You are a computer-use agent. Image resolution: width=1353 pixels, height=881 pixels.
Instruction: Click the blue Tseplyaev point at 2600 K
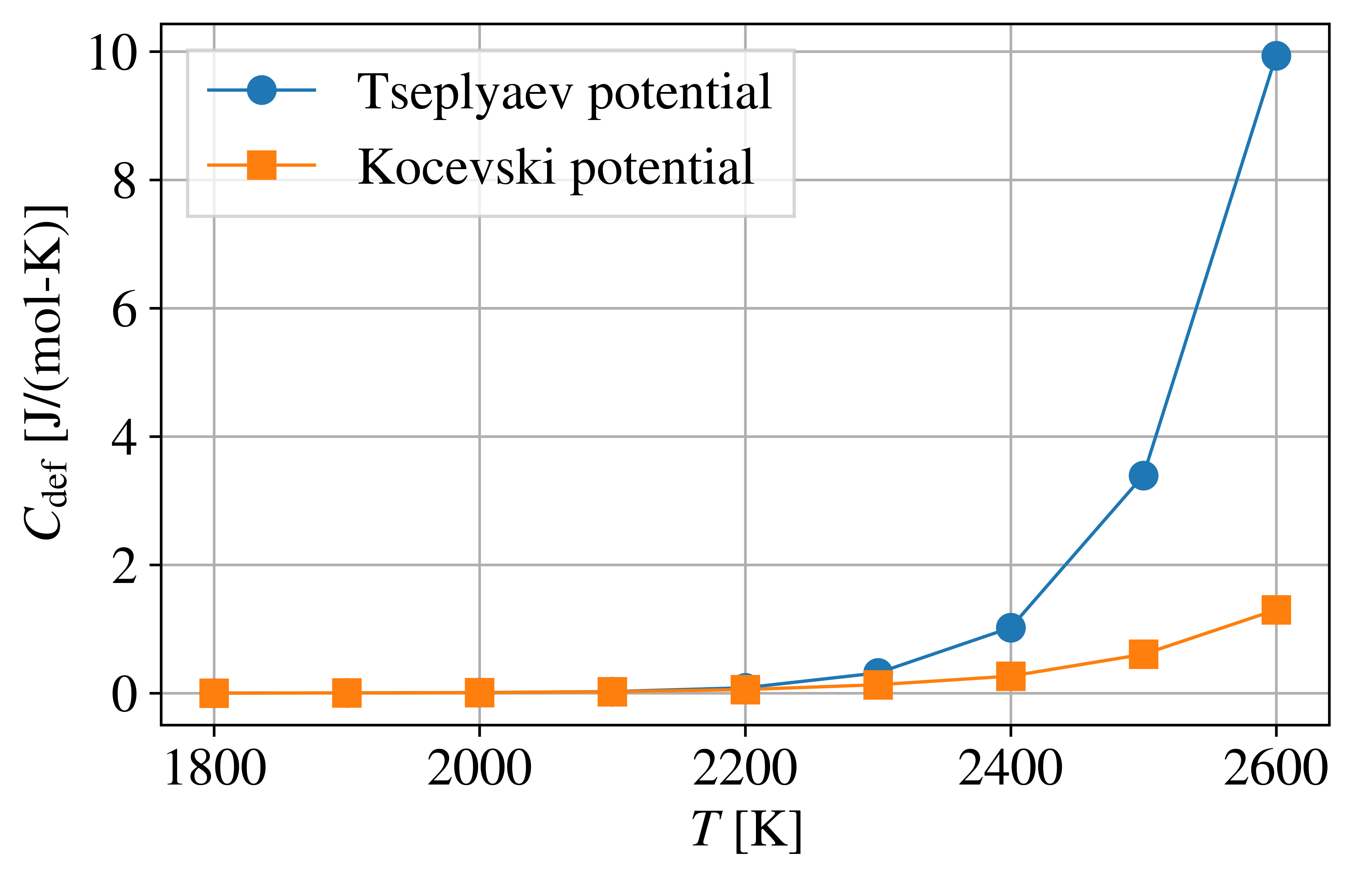(x=1276, y=56)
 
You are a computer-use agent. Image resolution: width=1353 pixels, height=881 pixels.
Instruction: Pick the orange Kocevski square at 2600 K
(x=1276, y=610)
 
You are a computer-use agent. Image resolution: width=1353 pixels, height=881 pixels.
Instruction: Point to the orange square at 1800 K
(x=214, y=693)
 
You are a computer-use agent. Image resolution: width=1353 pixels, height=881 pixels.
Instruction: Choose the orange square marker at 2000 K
(x=479, y=692)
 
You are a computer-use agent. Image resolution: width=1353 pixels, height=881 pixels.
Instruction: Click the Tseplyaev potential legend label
(x=564, y=92)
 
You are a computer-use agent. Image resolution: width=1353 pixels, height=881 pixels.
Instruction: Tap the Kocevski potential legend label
(x=555, y=167)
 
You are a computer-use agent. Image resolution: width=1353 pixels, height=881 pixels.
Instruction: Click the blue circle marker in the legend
(x=262, y=90)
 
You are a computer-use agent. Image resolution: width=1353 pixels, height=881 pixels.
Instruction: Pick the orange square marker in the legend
(x=262, y=165)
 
